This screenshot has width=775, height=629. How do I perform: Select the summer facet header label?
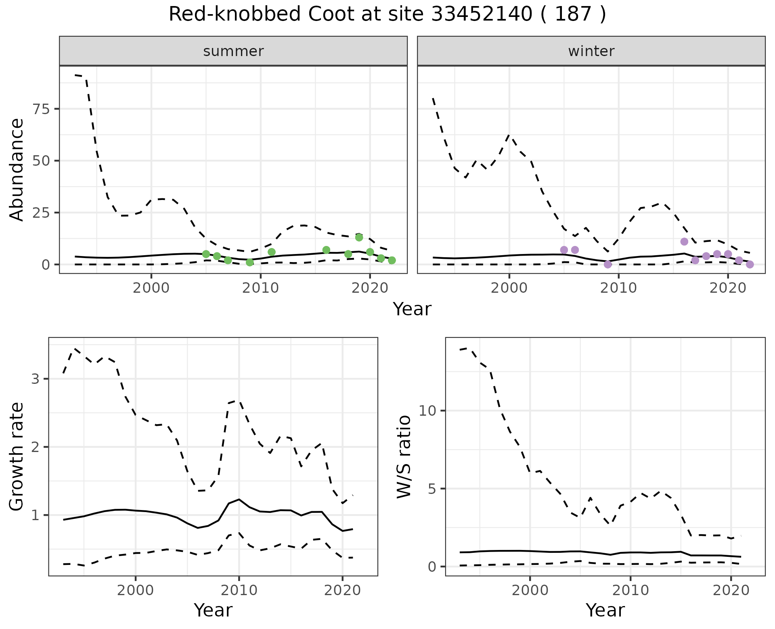tap(233, 51)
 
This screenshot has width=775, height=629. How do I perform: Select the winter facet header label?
tap(591, 51)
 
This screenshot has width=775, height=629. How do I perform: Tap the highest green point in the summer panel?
tap(359, 237)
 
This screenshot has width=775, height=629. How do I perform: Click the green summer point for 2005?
tap(206, 254)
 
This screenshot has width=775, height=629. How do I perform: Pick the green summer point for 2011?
tap(272, 252)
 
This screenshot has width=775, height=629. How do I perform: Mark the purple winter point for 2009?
tap(608, 265)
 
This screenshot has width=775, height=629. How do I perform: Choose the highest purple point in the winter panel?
tap(684, 242)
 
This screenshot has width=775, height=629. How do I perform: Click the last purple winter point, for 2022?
tap(750, 265)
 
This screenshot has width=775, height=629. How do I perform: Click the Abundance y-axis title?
tap(17, 170)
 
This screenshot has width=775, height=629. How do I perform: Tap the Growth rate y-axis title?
tap(17, 457)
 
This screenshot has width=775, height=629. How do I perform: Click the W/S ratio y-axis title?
tap(404, 457)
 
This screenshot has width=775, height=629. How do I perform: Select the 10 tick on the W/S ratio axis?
tap(428, 411)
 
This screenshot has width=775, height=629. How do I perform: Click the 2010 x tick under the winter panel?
tap(619, 288)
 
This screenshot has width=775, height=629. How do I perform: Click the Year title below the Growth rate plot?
tap(213, 610)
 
